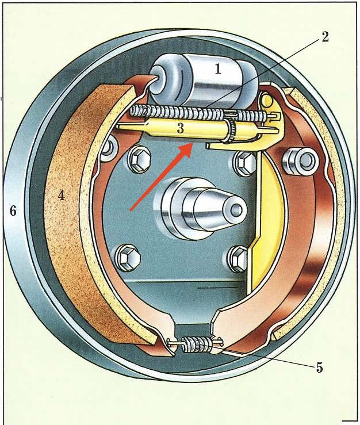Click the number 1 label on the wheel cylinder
(x=218, y=69)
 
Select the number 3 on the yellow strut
(x=180, y=128)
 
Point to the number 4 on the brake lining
(x=61, y=196)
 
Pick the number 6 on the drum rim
(x=13, y=211)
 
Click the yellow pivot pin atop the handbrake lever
(x=267, y=102)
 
